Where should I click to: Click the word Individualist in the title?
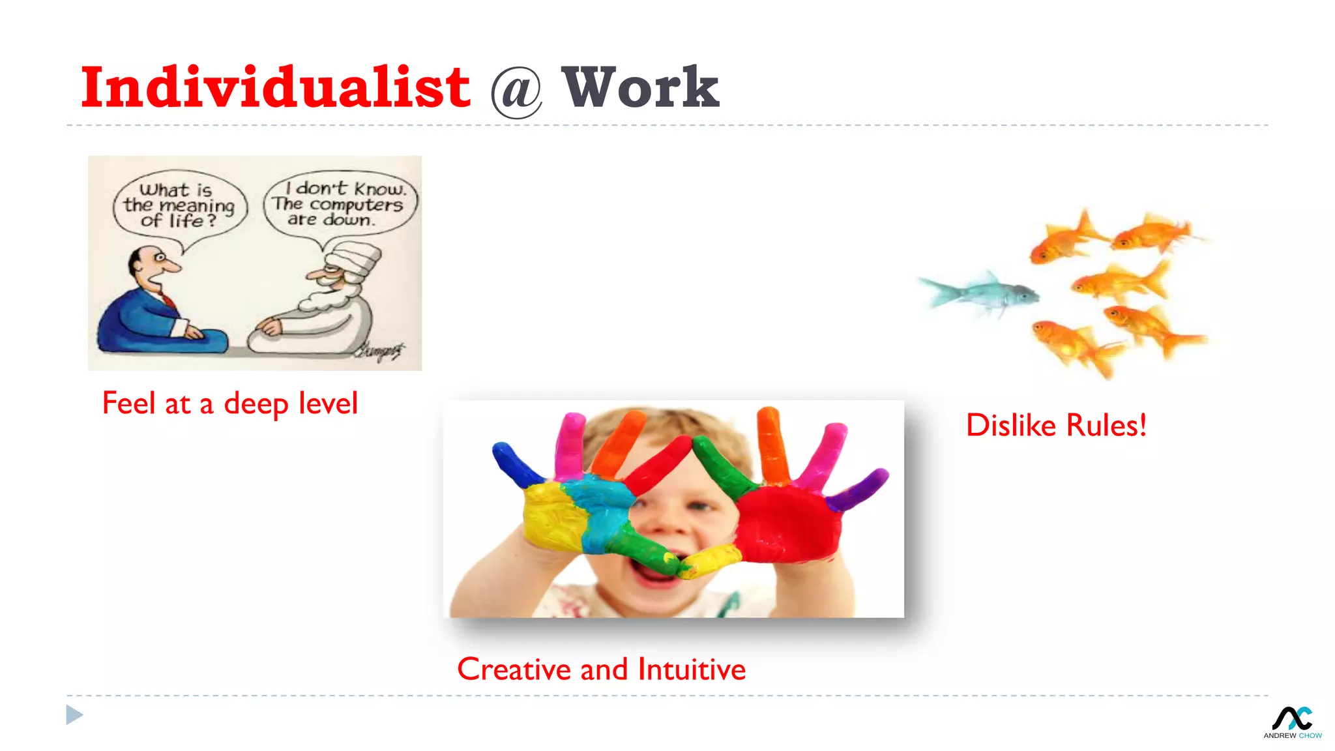click(275, 88)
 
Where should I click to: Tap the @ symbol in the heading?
click(516, 92)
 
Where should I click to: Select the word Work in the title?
click(641, 88)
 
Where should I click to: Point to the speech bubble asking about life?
click(179, 205)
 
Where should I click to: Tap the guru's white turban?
click(353, 258)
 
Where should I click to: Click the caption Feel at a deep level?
click(230, 404)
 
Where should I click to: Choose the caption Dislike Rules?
click(1056, 426)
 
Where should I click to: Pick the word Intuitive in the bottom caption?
click(692, 670)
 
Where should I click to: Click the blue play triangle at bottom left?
click(74, 715)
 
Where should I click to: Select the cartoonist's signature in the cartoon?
click(380, 351)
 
